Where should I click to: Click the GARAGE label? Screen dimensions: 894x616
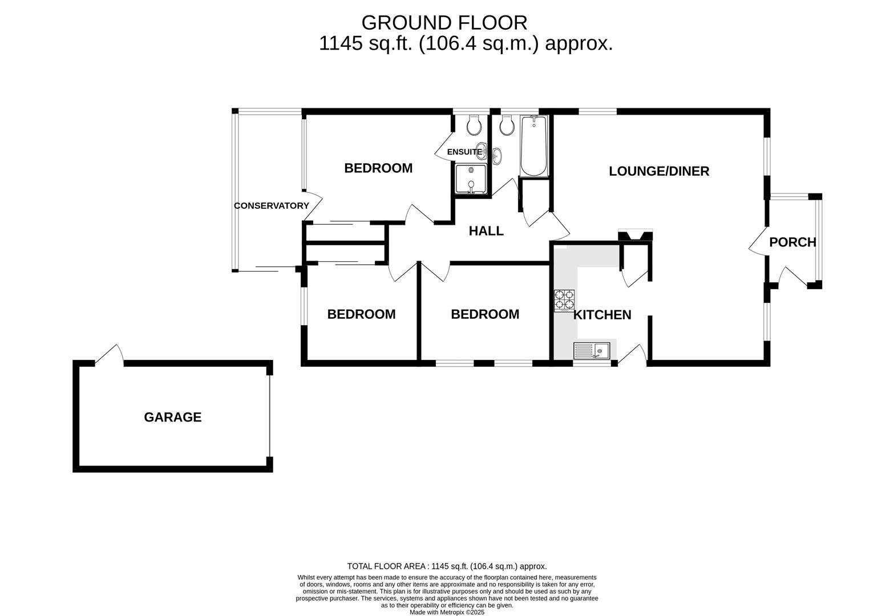point(172,417)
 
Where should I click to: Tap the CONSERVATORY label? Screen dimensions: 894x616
point(272,205)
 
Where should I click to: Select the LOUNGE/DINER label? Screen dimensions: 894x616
point(659,171)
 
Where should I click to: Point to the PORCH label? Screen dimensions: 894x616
point(792,242)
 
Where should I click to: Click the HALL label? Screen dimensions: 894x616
point(486,230)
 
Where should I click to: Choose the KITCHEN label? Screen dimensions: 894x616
point(602,315)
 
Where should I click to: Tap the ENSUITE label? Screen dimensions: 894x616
point(464,152)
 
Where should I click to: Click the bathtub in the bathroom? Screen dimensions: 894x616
point(533,145)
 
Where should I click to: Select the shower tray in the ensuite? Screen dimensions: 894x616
point(471,179)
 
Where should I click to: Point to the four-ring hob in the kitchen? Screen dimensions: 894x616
point(564,301)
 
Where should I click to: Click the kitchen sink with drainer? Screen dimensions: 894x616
point(592,351)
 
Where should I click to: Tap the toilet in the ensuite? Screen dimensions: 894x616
point(474,124)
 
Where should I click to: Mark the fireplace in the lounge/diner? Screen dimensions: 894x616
point(635,235)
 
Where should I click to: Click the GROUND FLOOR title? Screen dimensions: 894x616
point(444,23)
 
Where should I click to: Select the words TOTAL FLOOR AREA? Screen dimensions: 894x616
point(386,566)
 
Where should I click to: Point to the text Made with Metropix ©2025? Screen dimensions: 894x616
point(447,612)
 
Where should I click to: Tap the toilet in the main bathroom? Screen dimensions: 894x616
point(507,125)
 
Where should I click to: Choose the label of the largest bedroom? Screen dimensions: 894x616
point(378,168)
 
